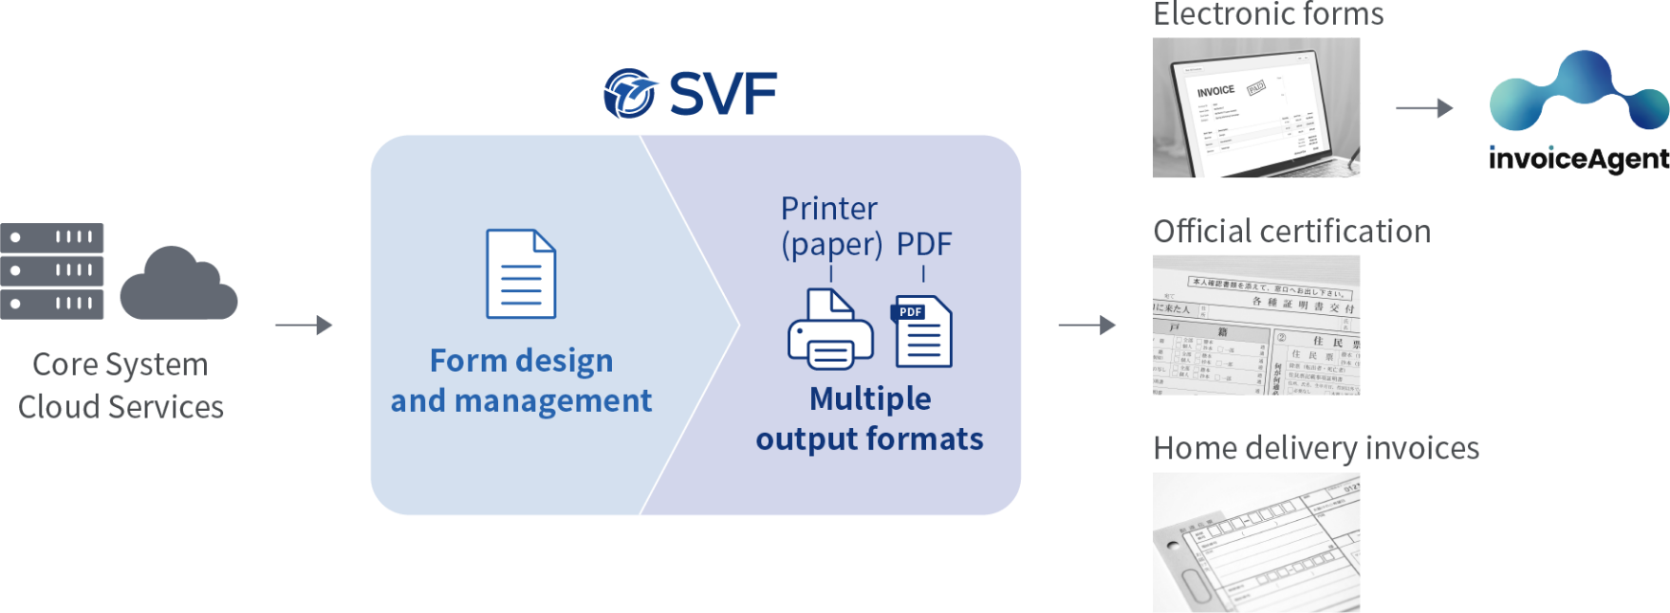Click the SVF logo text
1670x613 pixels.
coord(723,94)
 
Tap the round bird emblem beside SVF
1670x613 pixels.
coord(630,94)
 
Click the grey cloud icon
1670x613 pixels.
coord(178,284)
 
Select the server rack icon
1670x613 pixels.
coord(52,271)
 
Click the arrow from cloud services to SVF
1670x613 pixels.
coord(304,325)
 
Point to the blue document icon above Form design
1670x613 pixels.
coord(521,274)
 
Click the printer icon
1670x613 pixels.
coord(830,329)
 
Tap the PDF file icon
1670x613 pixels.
coord(921,332)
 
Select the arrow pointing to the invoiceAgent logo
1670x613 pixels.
coord(1424,108)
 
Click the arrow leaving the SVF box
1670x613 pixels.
coord(1087,325)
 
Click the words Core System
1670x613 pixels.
coord(121,364)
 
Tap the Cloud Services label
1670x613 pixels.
coord(121,407)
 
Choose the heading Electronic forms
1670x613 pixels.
coord(1268,14)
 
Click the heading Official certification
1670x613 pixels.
coord(1291,232)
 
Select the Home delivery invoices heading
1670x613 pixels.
coord(1316,448)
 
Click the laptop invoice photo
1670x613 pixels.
coord(1255,108)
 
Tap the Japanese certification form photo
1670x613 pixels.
coord(1255,325)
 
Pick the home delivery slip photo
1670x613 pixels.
coord(1255,543)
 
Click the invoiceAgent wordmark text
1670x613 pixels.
coord(1578,159)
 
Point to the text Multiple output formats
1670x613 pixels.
coord(869,418)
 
